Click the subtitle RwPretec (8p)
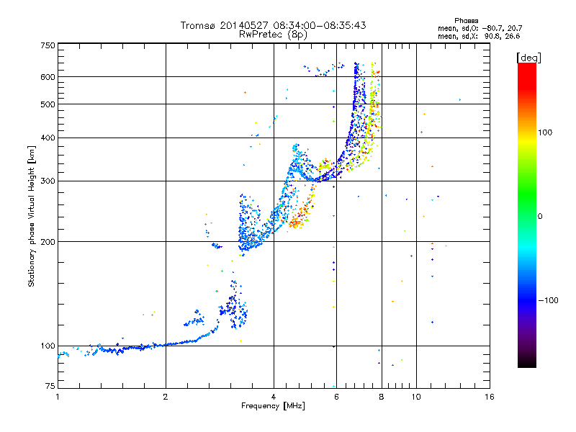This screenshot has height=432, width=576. pyautogui.click(x=273, y=35)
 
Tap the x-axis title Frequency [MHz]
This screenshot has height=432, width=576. pyautogui.click(x=273, y=406)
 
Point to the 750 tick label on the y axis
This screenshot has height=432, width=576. pyautogui.click(x=48, y=45)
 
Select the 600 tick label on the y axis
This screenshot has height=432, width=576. pyautogui.click(x=48, y=77)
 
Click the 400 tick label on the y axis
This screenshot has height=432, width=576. pyautogui.click(x=48, y=138)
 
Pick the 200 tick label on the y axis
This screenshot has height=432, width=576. pyautogui.click(x=48, y=242)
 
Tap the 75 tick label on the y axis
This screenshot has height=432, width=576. pyautogui.click(x=50, y=386)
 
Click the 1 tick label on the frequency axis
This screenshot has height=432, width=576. pyautogui.click(x=58, y=397)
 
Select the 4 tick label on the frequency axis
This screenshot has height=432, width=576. pyautogui.click(x=274, y=397)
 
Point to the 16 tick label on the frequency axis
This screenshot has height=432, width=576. pyautogui.click(x=490, y=397)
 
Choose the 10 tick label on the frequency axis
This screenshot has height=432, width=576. pyautogui.click(x=416, y=397)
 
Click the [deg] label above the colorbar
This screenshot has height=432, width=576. pyautogui.click(x=529, y=58)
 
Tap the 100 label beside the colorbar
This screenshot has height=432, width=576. pyautogui.click(x=545, y=132)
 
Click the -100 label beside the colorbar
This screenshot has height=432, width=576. pyautogui.click(x=548, y=300)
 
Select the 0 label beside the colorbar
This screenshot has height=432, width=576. pyautogui.click(x=540, y=217)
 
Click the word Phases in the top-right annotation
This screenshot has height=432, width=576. pyautogui.click(x=467, y=21)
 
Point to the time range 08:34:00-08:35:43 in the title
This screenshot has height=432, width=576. pyautogui.click(x=320, y=25)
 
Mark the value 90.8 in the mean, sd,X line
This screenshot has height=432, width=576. pyautogui.click(x=492, y=36)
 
